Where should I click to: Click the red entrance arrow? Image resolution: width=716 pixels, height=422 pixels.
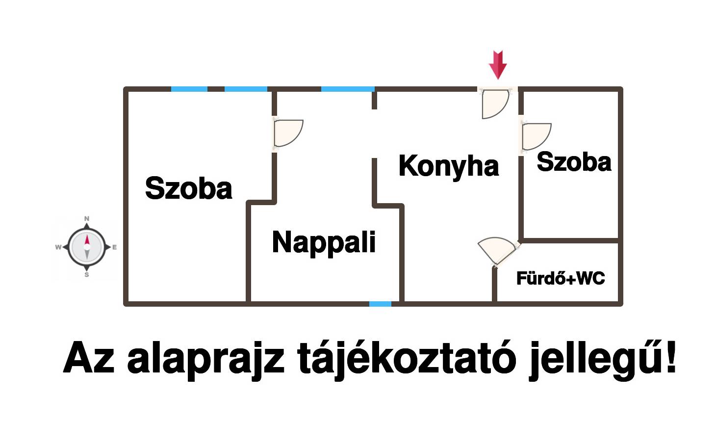click(x=498, y=65)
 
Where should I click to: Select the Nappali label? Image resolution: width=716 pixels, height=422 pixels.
click(x=324, y=242)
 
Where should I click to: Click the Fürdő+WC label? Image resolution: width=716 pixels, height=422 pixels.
click(x=561, y=278)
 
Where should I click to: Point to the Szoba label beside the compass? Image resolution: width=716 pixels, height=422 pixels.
click(x=189, y=188)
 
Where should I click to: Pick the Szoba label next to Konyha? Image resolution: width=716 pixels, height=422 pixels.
click(x=574, y=162)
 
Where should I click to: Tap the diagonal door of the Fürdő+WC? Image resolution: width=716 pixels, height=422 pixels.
click(x=498, y=251)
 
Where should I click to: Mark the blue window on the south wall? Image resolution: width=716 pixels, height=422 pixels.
click(x=381, y=304)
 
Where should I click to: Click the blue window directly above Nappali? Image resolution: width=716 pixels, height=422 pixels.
click(x=348, y=89)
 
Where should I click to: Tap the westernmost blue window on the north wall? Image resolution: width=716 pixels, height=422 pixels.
click(x=189, y=89)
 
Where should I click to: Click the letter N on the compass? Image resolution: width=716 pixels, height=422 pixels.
click(x=87, y=219)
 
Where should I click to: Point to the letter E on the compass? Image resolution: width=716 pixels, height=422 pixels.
click(x=114, y=247)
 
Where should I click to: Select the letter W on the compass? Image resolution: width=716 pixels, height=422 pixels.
click(x=58, y=247)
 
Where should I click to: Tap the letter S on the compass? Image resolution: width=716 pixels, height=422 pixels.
click(x=87, y=275)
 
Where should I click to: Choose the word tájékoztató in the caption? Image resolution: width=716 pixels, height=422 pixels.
click(x=406, y=360)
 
